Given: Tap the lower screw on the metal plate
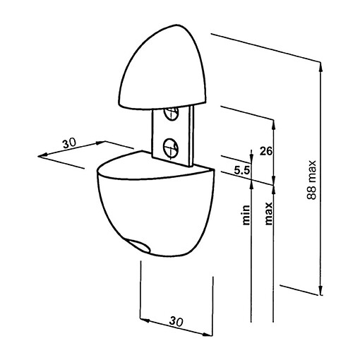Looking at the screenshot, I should tap(169, 147).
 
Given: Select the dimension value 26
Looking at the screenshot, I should tap(266, 151).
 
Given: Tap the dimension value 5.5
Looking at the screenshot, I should tap(240, 170).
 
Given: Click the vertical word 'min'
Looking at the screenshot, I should tap(246, 214).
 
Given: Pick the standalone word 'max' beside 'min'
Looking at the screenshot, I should tap(268, 212).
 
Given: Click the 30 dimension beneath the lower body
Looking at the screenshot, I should tap(176, 322).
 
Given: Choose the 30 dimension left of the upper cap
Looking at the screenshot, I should tap(69, 143).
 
